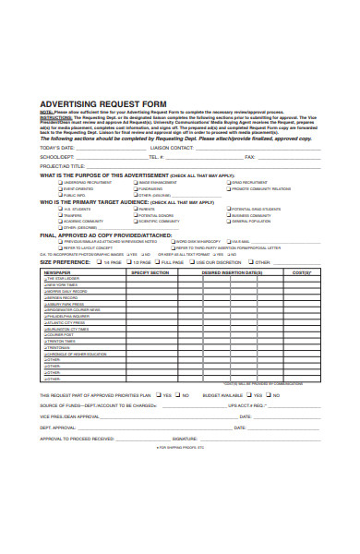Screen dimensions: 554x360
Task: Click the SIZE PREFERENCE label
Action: click(x=66, y=261)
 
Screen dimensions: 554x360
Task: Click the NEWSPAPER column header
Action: click(x=57, y=273)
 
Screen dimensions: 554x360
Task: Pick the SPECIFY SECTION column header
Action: click(x=150, y=273)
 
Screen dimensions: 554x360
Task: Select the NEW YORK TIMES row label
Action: click(x=63, y=285)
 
